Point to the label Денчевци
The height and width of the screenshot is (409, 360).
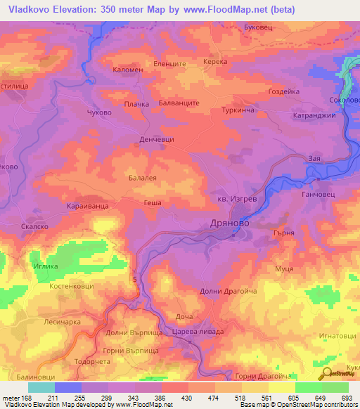pyautogui.click(x=157, y=140)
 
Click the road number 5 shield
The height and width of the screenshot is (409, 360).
pyautogui.click(x=134, y=280)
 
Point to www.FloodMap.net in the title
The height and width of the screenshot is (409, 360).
pyautogui.click(x=229, y=9)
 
